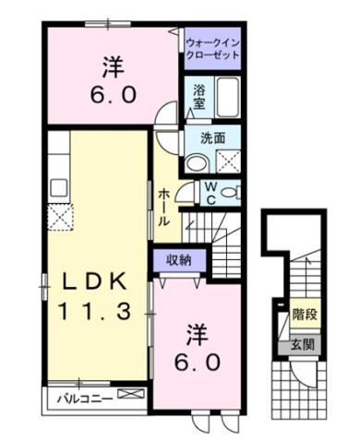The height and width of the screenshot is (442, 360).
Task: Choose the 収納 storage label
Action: click(179, 259)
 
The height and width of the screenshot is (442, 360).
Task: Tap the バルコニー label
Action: click(82, 400)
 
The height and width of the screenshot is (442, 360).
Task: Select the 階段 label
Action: click(306, 315)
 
